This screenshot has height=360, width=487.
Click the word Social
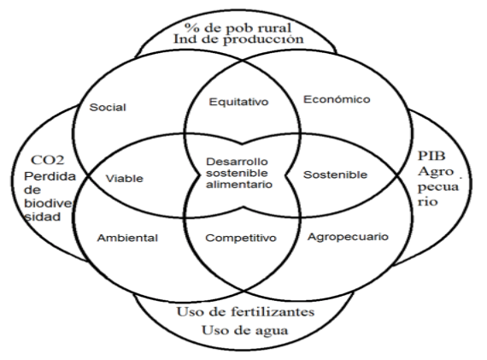click(x=108, y=107)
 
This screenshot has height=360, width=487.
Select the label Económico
click(x=337, y=99)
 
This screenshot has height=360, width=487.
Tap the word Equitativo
click(x=238, y=102)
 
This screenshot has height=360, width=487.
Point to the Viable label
click(x=124, y=179)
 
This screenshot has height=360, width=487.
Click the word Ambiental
click(x=127, y=238)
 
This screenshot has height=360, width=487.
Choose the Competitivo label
click(x=241, y=238)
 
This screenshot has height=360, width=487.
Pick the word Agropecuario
click(x=348, y=237)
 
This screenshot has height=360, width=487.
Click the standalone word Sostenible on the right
click(x=335, y=174)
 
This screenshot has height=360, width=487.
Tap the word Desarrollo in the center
click(x=237, y=162)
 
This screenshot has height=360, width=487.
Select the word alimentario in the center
click(x=239, y=185)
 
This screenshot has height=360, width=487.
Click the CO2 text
click(x=48, y=160)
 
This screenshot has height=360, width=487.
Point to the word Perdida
click(x=50, y=176)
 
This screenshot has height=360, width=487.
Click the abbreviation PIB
click(x=431, y=156)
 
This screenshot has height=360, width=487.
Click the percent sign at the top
click(x=191, y=27)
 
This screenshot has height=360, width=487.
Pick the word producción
click(x=263, y=40)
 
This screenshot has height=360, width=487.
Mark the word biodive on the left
click(x=48, y=204)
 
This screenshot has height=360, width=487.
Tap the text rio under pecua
click(x=428, y=202)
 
